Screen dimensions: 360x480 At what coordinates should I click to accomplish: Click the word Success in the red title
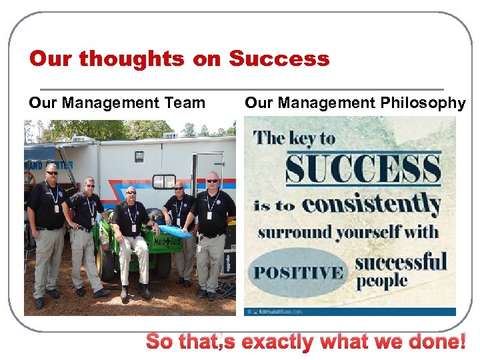[279, 59]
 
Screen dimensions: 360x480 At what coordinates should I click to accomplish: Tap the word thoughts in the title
[134, 59]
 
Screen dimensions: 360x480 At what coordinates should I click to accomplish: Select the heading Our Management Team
[117, 103]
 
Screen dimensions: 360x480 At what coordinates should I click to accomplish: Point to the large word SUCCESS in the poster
[363, 168]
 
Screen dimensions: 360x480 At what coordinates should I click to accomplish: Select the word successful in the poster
[401, 261]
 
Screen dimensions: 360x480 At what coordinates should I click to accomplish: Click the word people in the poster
[382, 280]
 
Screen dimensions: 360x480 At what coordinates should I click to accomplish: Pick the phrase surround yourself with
[348, 232]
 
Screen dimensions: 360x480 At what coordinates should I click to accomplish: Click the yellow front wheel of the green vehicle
[107, 265]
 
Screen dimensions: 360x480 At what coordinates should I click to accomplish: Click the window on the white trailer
[164, 181]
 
